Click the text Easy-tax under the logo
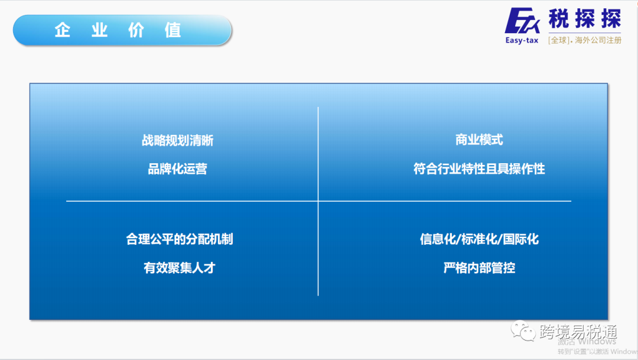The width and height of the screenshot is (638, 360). [x=522, y=41]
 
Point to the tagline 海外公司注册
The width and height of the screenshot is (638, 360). [x=598, y=40]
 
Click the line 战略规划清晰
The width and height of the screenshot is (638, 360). [x=177, y=140]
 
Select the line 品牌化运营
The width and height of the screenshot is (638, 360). [x=177, y=169]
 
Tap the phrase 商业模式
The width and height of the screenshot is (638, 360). [x=479, y=140]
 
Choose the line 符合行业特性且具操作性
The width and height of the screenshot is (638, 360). [x=479, y=169]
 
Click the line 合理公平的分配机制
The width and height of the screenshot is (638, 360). [x=179, y=239]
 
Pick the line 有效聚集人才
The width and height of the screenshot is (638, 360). [x=179, y=268]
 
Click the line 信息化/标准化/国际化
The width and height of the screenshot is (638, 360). [x=479, y=239]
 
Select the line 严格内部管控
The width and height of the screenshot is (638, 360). [x=479, y=268]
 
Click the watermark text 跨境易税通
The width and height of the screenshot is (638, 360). [x=570, y=332]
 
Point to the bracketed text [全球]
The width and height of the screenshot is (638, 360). [x=559, y=40]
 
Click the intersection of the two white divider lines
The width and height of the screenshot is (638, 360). [x=318, y=201]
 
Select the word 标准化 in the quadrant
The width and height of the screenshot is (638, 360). [x=479, y=239]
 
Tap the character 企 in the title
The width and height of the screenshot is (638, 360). [x=63, y=30]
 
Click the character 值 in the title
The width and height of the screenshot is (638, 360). [x=173, y=30]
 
